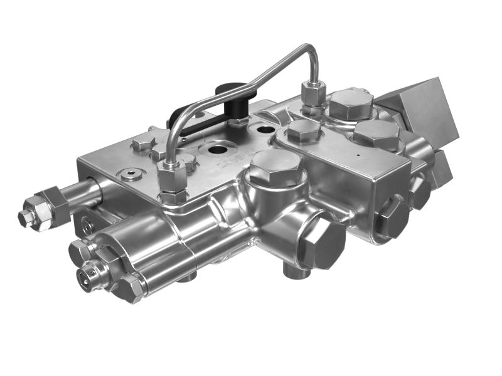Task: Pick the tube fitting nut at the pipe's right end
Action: click(312, 94)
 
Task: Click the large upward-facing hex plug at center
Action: click(276, 167)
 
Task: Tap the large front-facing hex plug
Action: click(321, 242)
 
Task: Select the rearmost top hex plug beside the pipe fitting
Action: click(351, 103)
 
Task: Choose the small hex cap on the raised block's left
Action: click(304, 131)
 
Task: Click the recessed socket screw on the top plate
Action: click(130, 174)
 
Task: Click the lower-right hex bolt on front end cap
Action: click(130, 288)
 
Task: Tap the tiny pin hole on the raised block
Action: click(358, 152)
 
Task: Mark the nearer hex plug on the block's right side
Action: click(392, 217)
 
